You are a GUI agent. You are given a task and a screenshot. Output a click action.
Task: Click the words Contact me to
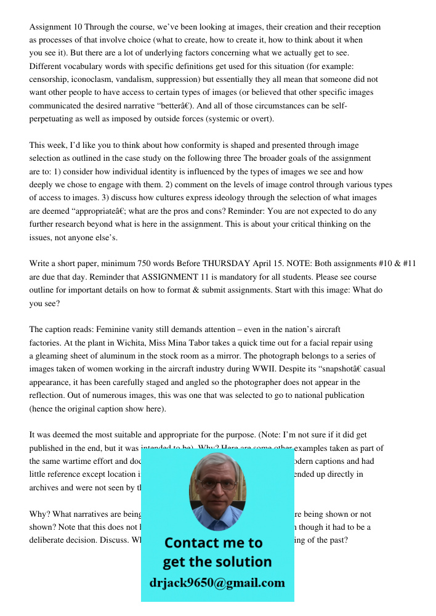point(213,543)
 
